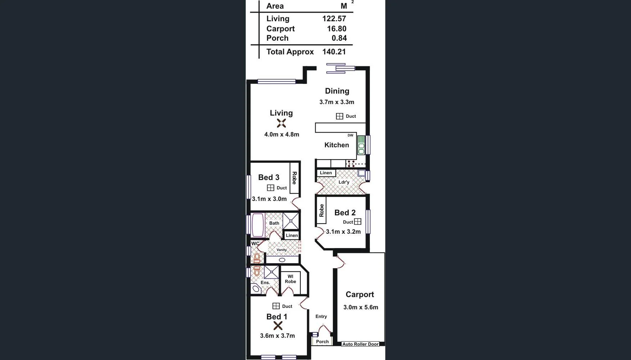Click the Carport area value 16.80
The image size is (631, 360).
[x=336, y=29]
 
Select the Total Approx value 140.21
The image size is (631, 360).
[x=334, y=52]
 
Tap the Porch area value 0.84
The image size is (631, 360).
[x=339, y=38]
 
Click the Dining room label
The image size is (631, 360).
[x=337, y=91]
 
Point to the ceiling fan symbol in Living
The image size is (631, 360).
[x=281, y=123]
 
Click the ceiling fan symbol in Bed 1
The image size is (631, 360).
[x=278, y=326]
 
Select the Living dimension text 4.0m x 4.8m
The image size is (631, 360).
[x=282, y=135]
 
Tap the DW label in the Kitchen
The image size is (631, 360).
[x=350, y=135]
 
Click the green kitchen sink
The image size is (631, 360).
[x=361, y=145]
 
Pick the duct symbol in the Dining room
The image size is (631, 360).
[x=340, y=116]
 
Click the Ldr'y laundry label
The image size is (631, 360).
[x=344, y=182]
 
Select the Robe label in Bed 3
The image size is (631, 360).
[x=294, y=178]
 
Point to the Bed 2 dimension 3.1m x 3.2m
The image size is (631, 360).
[x=343, y=232]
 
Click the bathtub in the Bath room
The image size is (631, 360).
[x=258, y=225]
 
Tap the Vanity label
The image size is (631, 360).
[x=282, y=250]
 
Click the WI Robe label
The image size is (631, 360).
[x=290, y=279]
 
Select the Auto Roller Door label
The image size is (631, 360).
[x=360, y=344]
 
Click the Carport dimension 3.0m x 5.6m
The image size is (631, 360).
[x=360, y=307]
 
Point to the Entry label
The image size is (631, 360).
[x=321, y=316]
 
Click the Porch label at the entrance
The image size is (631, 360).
[x=322, y=342]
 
